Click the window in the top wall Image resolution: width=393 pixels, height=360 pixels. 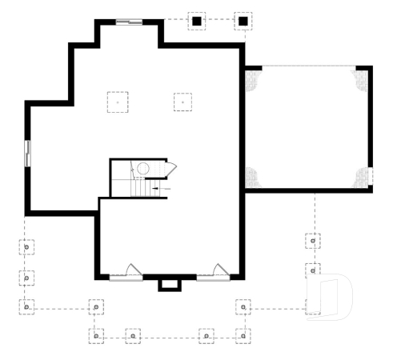[130, 22]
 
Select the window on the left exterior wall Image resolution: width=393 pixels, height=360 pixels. [27, 153]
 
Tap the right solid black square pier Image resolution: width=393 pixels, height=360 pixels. [242, 21]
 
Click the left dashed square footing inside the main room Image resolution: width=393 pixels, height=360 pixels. [118, 102]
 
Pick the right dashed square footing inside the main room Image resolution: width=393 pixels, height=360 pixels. [183, 102]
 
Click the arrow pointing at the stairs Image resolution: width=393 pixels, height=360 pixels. [157, 188]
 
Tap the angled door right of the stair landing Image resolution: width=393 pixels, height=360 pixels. [170, 167]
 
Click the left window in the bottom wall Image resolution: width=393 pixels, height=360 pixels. [126, 276]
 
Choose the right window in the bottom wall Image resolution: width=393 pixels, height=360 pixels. [213, 276]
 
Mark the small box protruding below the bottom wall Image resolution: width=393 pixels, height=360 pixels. [169, 284]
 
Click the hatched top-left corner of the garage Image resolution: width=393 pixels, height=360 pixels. [253, 78]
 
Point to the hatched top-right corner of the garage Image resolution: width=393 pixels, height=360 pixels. [362, 78]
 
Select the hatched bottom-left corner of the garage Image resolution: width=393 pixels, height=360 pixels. [253, 178]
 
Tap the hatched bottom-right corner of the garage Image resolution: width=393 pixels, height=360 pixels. [363, 178]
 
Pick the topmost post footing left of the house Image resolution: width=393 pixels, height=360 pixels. [27, 247]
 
